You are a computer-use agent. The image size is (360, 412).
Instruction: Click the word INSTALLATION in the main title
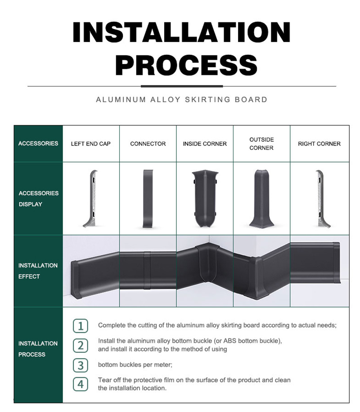[x=181, y=32]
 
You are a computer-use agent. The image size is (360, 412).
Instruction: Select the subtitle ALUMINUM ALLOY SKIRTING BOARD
[x=181, y=100]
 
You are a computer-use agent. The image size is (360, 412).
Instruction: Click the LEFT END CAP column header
[x=90, y=144]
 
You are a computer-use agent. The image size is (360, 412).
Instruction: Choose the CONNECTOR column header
[x=148, y=144]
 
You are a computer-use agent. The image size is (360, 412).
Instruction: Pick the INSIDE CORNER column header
[x=205, y=144]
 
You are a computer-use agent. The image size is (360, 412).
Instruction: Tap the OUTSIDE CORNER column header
[x=261, y=144]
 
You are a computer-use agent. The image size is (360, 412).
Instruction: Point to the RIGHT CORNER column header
[x=319, y=144]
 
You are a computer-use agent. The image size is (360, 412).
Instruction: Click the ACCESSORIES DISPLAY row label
[x=38, y=199]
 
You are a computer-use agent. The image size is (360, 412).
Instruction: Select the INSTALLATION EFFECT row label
[x=38, y=271]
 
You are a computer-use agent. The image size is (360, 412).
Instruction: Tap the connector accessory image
[x=148, y=198]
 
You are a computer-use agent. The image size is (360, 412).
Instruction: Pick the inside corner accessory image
[x=204, y=199]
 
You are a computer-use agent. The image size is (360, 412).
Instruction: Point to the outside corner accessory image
[x=261, y=198]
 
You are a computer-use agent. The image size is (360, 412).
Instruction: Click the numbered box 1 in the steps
[x=80, y=326]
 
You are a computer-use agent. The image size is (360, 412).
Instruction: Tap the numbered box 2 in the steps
[x=80, y=345]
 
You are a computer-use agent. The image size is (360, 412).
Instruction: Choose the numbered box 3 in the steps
[x=80, y=365]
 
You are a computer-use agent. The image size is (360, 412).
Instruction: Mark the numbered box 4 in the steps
[x=80, y=384]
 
